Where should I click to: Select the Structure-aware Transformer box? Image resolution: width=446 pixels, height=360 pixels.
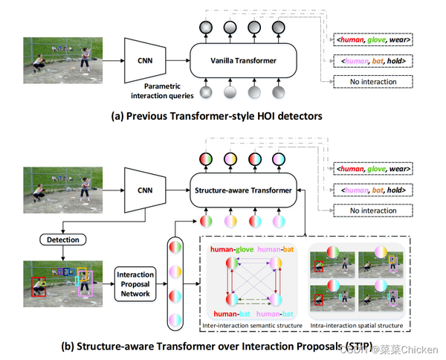pyautogui.click(x=242, y=190)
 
